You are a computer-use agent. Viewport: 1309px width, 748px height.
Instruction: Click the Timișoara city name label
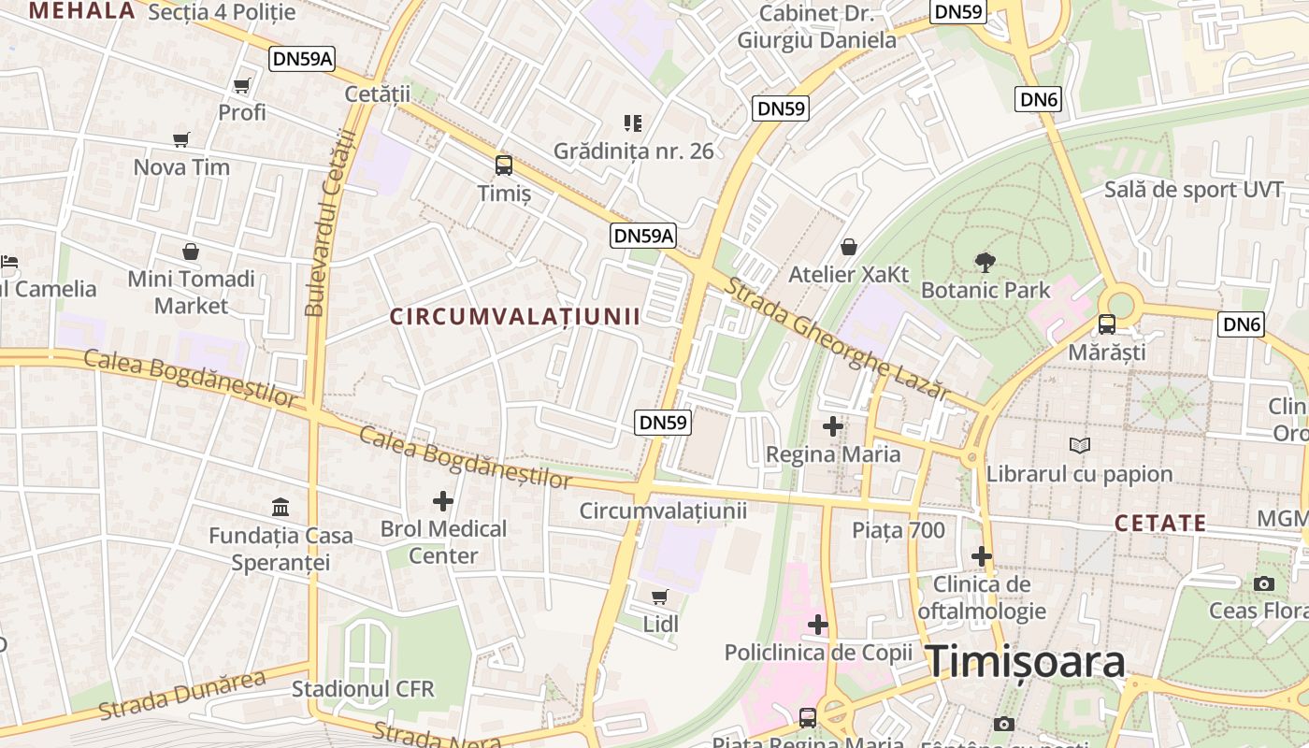(x=1026, y=662)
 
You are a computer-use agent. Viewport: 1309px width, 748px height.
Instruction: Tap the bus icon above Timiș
(x=504, y=165)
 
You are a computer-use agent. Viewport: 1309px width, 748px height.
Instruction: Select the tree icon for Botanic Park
(x=985, y=262)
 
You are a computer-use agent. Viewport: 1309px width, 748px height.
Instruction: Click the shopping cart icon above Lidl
(x=660, y=597)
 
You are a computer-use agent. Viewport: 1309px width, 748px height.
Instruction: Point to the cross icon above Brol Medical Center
(x=443, y=501)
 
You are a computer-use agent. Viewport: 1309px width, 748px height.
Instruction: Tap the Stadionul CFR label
(x=363, y=689)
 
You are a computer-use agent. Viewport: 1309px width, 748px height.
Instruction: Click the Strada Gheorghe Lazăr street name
(x=837, y=338)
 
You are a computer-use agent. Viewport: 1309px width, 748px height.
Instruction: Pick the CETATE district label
(x=1160, y=523)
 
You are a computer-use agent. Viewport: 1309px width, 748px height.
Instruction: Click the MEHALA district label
(x=82, y=10)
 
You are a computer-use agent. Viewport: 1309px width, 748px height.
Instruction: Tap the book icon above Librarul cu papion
(x=1080, y=446)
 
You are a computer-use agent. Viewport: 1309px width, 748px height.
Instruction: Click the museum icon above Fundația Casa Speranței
(x=280, y=508)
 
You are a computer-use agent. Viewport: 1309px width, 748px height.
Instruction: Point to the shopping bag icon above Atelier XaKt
(x=849, y=247)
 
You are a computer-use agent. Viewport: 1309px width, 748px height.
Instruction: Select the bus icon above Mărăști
(x=1107, y=324)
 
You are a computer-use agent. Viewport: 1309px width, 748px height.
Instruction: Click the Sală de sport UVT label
(x=1193, y=189)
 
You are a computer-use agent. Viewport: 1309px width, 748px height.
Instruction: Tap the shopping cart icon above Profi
(x=242, y=86)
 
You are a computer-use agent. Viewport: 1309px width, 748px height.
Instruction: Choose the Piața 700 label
(x=899, y=530)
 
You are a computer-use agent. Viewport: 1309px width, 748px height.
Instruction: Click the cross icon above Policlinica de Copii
(x=818, y=625)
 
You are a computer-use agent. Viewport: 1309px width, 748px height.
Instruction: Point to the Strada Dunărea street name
(x=182, y=695)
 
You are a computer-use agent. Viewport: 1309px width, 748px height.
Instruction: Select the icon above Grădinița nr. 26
(x=633, y=122)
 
